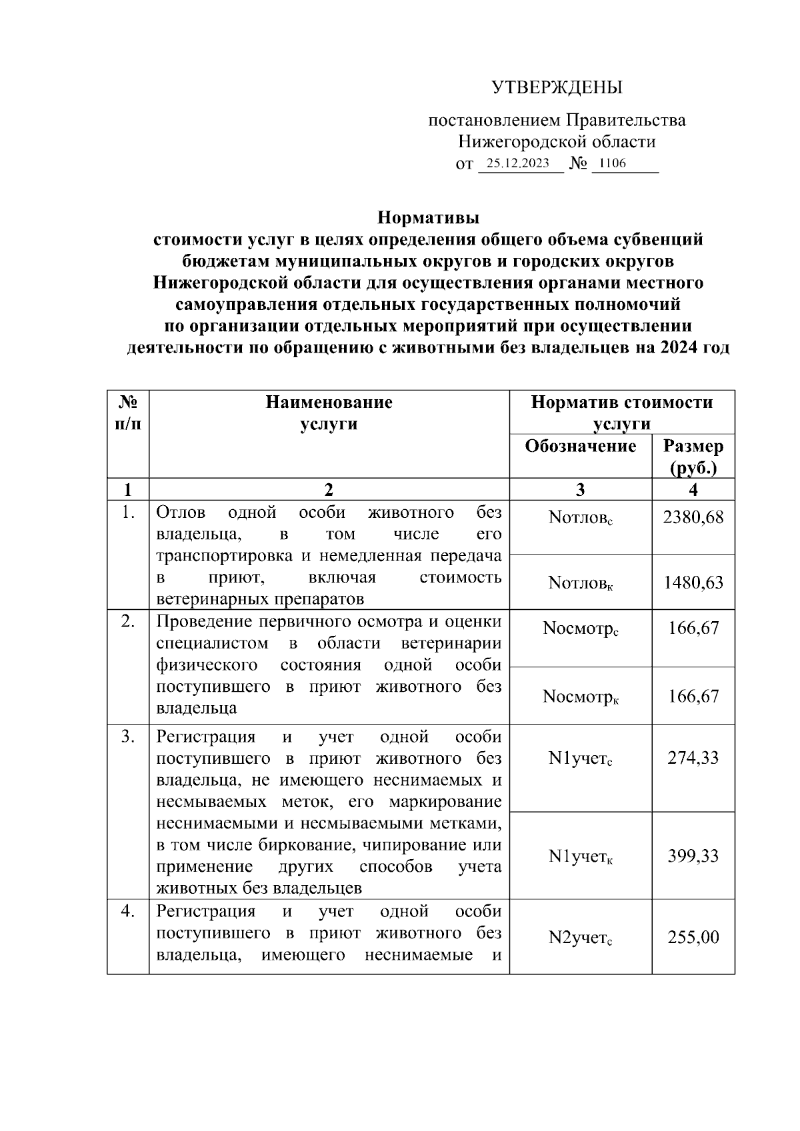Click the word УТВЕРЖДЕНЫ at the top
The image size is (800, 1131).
(x=557, y=88)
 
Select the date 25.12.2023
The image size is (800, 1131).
(x=517, y=163)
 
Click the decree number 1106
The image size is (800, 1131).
(x=613, y=163)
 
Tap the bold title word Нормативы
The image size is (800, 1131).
(x=429, y=218)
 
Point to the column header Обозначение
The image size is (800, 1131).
(x=580, y=446)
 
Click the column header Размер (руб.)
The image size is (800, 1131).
(x=693, y=457)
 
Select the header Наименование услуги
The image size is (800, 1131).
(x=329, y=413)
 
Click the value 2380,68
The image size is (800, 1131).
(x=693, y=518)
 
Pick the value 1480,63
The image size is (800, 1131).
(x=693, y=583)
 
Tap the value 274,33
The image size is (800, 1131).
(x=693, y=758)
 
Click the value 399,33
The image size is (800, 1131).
(x=693, y=856)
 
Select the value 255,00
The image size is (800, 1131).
(x=693, y=938)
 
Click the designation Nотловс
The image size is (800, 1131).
(x=580, y=518)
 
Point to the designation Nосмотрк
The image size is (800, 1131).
(x=580, y=697)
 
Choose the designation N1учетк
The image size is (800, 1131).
(x=580, y=856)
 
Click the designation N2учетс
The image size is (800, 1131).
(x=580, y=938)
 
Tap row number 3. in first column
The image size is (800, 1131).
(x=127, y=737)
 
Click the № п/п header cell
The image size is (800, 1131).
(x=127, y=413)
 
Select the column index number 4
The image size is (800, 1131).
(x=693, y=490)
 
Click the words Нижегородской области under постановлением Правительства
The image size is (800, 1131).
(x=557, y=142)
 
